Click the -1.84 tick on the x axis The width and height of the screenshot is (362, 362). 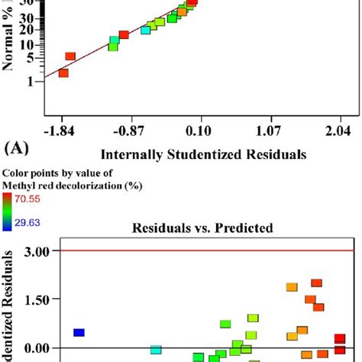63,131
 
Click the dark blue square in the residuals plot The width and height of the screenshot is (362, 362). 79,332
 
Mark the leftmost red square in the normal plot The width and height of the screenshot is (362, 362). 63,73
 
